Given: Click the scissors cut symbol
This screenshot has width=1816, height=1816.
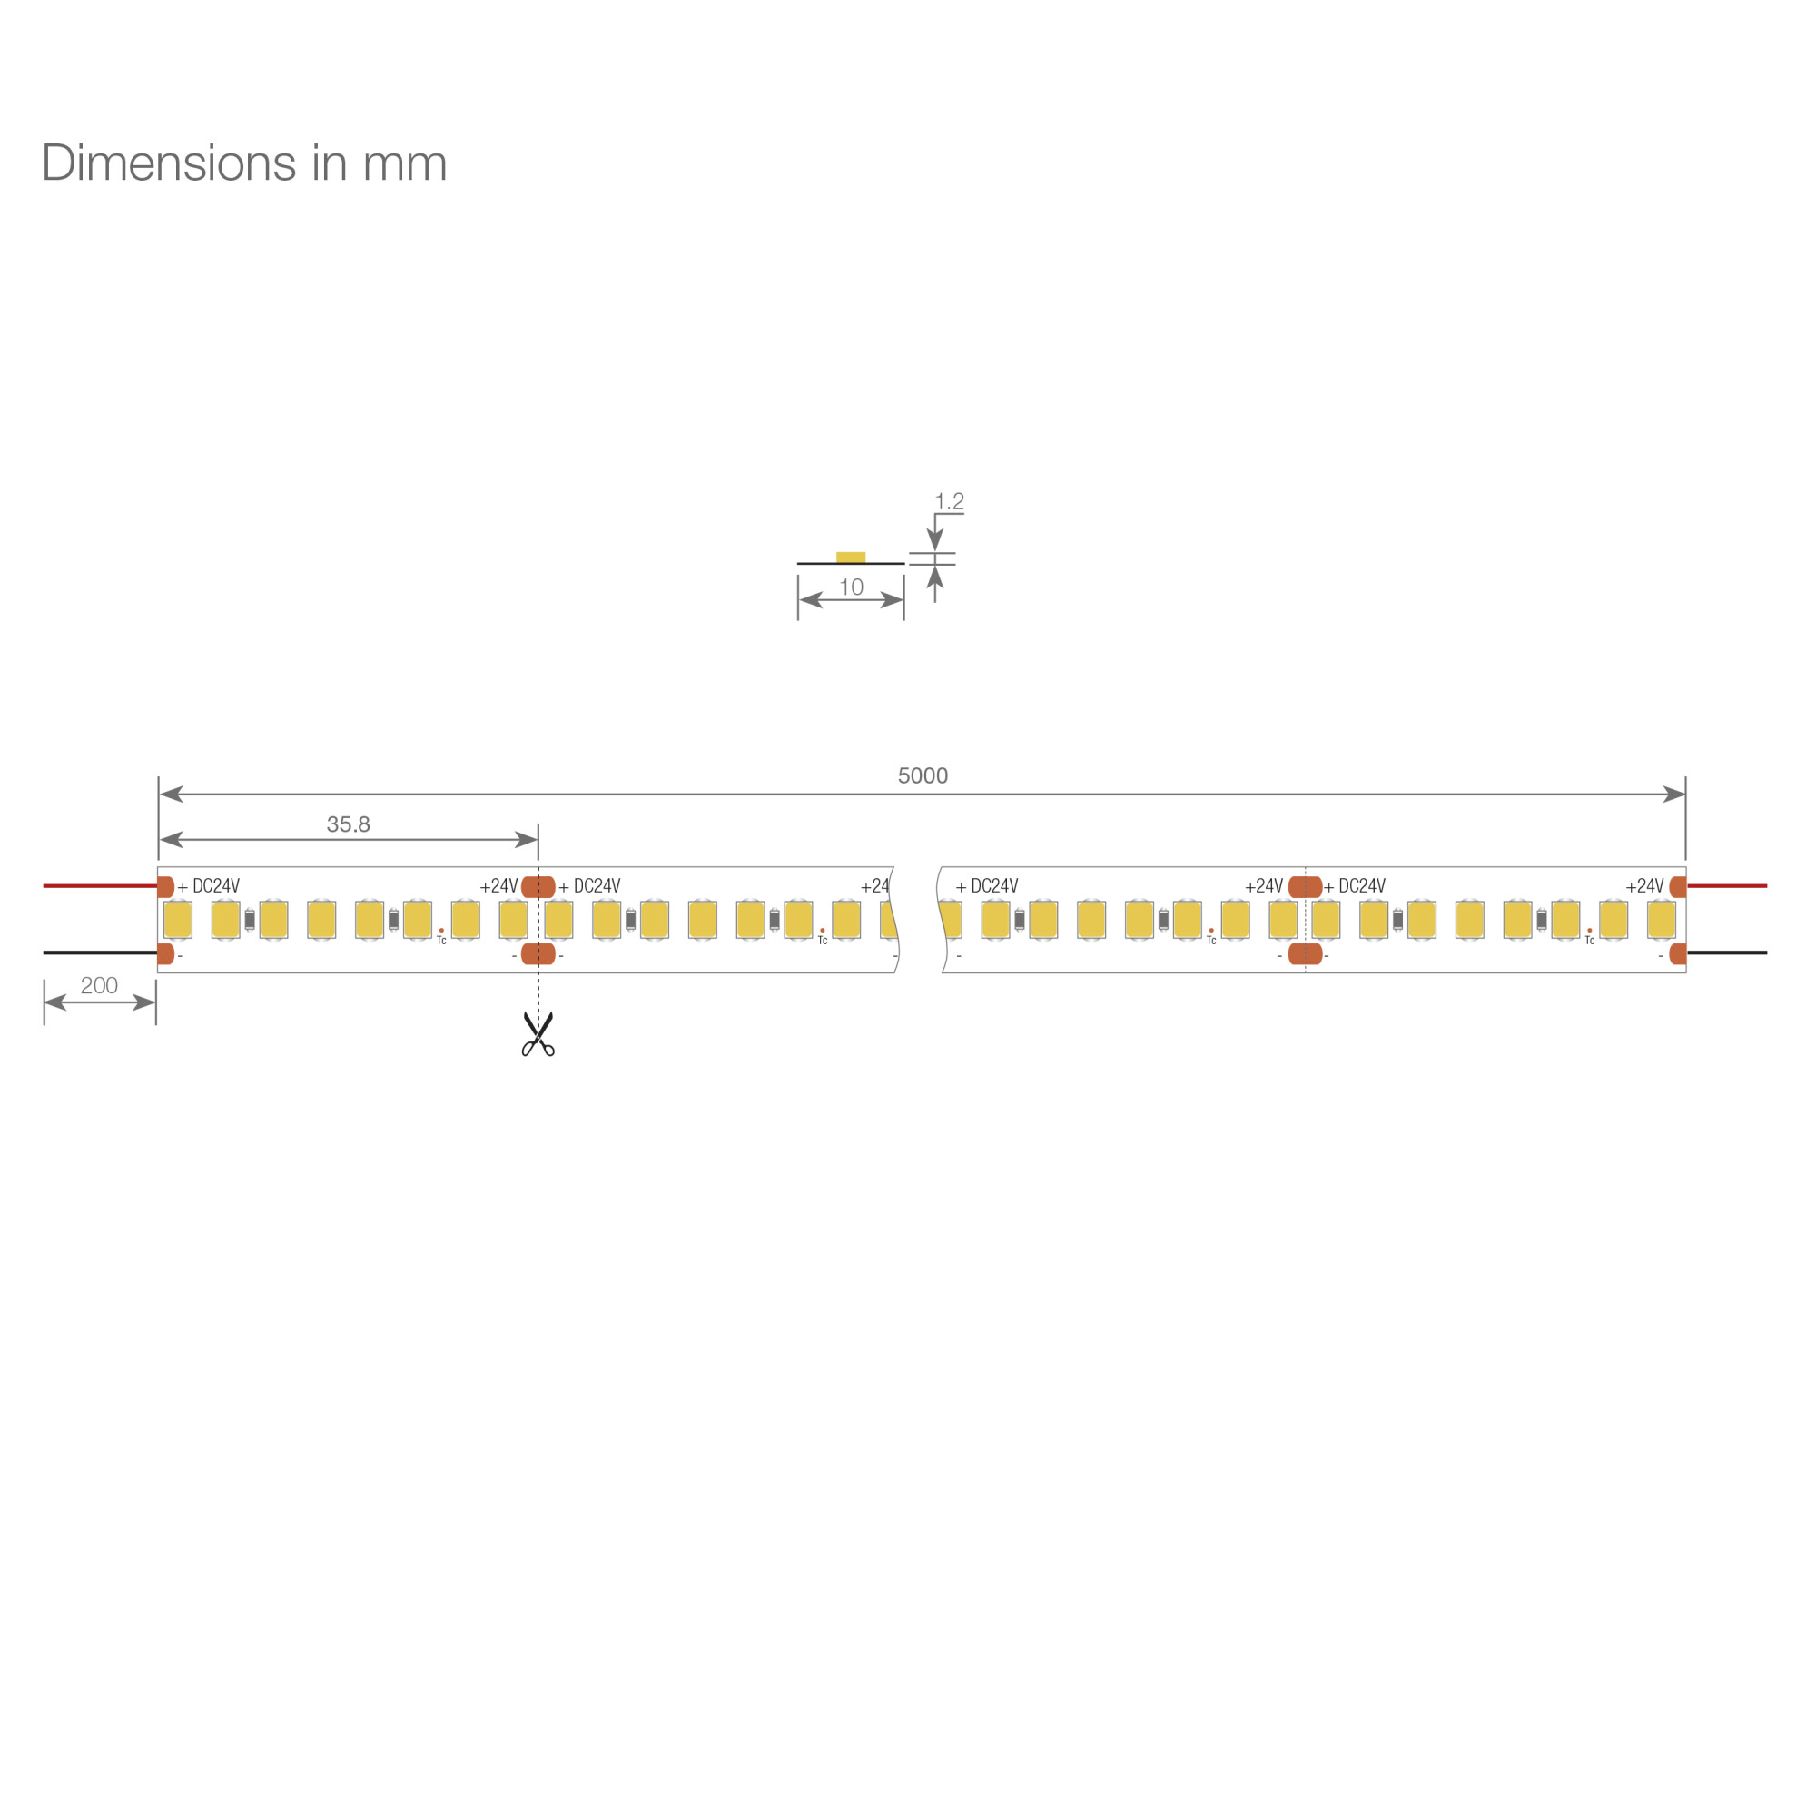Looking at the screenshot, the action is tap(538, 1034).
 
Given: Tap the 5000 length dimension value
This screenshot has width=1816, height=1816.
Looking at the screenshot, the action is tap(923, 775).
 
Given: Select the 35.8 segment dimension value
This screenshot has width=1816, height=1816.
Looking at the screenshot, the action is tap(348, 824).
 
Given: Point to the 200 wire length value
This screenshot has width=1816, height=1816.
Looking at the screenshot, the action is tap(99, 985).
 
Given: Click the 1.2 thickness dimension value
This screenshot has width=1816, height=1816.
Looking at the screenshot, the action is tap(950, 501).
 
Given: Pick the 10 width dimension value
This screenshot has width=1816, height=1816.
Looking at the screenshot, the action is tap(851, 587).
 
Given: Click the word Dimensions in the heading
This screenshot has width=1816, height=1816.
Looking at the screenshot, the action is tap(169, 163).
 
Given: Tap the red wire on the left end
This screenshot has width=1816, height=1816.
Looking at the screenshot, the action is tap(101, 885).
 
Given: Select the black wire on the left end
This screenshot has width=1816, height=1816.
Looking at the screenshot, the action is tap(101, 952).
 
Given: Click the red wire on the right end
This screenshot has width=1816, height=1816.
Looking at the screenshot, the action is tap(1727, 885).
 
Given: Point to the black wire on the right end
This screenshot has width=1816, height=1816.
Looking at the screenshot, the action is tap(1727, 952).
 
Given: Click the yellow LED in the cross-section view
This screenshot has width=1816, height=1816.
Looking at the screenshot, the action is tap(851, 558).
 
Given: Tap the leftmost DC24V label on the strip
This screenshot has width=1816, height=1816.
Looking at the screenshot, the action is tap(216, 885).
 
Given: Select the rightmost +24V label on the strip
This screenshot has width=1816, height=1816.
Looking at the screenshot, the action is tap(1645, 885).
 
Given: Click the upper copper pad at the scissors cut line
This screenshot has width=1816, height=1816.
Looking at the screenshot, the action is tap(538, 886).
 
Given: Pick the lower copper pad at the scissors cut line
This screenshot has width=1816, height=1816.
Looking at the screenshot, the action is tap(538, 953).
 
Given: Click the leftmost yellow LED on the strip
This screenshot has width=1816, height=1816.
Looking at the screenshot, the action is tap(178, 919).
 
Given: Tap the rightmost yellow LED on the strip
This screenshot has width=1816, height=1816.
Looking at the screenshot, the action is tap(1662, 919).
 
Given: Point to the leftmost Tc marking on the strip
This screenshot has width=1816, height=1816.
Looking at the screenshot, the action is tap(441, 940).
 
